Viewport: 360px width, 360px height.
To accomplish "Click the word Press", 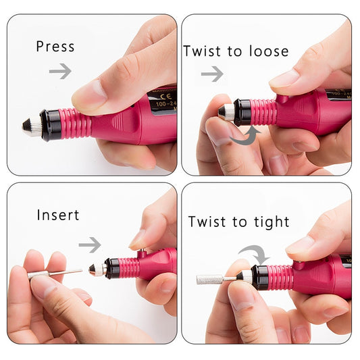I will click(x=55, y=47).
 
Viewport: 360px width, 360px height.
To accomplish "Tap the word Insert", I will click(x=58, y=215).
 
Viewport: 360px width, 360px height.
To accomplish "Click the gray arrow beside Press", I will click(x=60, y=71).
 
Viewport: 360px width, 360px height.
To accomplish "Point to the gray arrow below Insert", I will click(x=89, y=245).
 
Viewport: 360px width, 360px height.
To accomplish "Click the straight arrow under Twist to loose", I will click(x=212, y=74).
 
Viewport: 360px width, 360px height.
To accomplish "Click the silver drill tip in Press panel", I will click(x=31, y=127).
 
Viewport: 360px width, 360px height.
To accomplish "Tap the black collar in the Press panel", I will click(x=51, y=125).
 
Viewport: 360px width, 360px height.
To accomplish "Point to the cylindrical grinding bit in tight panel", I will click(x=210, y=278).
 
